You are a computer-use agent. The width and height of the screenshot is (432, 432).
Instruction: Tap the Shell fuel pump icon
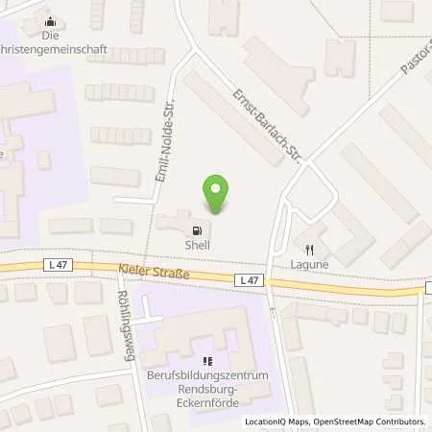pyautogui.click(x=198, y=230)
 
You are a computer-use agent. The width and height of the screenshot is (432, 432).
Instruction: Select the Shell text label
pyautogui.click(x=198, y=245)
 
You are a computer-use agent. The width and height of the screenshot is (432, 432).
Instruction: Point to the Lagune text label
pyautogui.click(x=309, y=263)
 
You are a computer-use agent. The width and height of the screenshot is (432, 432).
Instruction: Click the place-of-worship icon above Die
pyautogui.click(x=50, y=18)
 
